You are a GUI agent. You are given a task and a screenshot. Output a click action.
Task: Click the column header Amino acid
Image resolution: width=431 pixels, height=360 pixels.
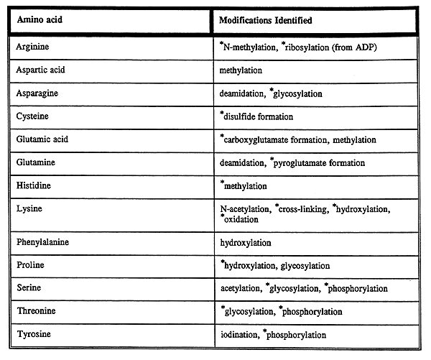(37, 20)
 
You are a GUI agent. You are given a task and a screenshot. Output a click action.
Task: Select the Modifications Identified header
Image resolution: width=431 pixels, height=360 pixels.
(266, 20)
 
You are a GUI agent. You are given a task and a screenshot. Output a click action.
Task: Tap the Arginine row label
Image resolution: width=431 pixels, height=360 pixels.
(32, 48)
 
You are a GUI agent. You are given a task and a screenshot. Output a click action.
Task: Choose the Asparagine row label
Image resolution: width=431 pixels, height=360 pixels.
(36, 93)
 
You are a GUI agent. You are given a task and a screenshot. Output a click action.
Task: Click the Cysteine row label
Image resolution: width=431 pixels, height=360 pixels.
(32, 116)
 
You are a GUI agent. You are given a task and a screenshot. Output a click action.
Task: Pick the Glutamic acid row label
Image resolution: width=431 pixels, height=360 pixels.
(41, 139)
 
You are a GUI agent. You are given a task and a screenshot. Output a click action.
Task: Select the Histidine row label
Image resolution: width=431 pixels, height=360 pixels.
(33, 185)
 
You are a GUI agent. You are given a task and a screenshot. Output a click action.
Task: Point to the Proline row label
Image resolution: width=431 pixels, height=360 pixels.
(30, 265)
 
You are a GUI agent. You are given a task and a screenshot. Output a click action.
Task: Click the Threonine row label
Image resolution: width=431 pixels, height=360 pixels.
(36, 311)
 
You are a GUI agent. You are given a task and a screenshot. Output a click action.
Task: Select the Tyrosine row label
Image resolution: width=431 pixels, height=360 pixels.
(33, 334)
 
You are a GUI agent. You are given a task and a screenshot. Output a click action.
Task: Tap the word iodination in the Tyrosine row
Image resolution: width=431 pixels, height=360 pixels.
(241, 335)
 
